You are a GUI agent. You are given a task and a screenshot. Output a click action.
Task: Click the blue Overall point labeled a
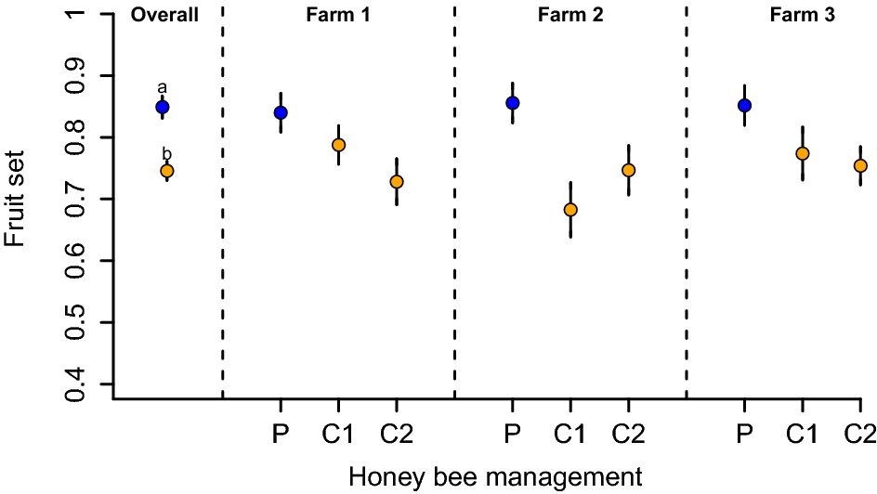tap(163, 107)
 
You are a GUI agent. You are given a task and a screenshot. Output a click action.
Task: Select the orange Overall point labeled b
tap(167, 171)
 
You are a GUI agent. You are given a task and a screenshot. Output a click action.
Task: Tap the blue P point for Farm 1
tap(280, 113)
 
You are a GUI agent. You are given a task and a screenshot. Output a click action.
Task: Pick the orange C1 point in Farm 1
tap(338, 145)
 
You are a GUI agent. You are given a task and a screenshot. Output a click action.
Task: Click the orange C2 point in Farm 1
tap(397, 181)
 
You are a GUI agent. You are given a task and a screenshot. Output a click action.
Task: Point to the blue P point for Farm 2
tap(512, 103)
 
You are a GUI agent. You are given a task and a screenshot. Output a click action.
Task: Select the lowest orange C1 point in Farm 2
tap(570, 210)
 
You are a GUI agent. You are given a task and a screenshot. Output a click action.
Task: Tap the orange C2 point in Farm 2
tap(628, 170)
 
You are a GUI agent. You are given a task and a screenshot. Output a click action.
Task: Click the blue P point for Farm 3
tap(744, 106)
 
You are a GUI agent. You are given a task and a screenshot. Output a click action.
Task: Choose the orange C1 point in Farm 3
tap(803, 153)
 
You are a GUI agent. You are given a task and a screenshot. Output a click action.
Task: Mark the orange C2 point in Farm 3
tap(860, 166)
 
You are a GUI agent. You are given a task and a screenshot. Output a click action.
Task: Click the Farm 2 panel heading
tap(569, 15)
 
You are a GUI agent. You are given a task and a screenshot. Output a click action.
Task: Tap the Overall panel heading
tap(165, 15)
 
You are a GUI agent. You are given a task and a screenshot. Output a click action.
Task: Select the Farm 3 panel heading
tap(802, 15)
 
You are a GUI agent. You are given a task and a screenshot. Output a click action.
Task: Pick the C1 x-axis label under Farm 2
tap(570, 434)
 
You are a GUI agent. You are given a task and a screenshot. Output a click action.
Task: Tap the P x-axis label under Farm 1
tap(280, 434)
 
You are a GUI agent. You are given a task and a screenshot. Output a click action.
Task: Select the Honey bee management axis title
tap(495, 477)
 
